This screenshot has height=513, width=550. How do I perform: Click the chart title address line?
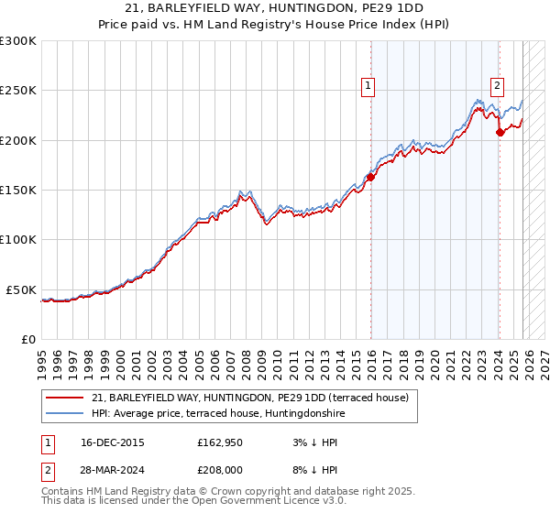(275, 7)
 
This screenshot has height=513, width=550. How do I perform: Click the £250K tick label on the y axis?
(18, 91)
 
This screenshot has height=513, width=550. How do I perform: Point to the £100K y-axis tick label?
(18, 239)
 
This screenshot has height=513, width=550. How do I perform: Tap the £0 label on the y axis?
(28, 339)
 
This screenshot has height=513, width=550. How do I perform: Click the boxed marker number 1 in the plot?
(368, 86)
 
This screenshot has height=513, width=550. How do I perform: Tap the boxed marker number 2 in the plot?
(497, 86)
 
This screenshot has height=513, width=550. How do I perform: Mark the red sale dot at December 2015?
(370, 178)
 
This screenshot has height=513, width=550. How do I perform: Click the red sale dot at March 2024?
(500, 133)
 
